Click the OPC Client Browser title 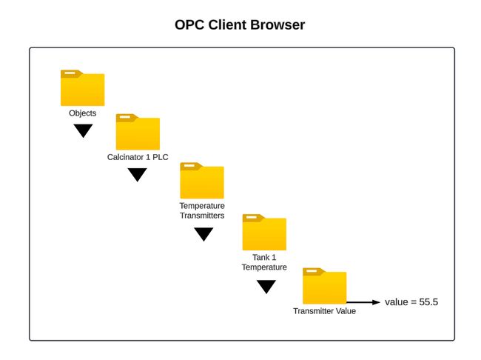240,25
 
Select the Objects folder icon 82,88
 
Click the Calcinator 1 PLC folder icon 138,133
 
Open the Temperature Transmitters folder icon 202,181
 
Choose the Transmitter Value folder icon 324,286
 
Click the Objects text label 82,113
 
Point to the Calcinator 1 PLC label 138,157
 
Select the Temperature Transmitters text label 202,210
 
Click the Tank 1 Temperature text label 264,262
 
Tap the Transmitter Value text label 324,311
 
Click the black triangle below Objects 83,130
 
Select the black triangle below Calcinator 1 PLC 138,175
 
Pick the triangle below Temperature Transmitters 203,234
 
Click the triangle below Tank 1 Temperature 266,287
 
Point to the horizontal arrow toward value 364,302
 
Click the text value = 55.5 411,302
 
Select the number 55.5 428,302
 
